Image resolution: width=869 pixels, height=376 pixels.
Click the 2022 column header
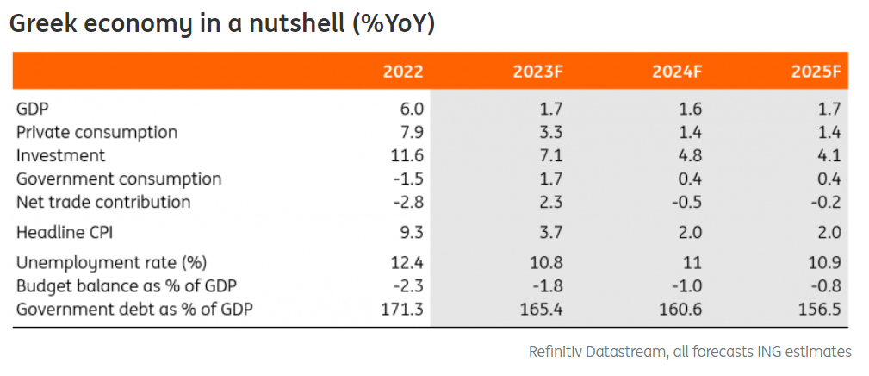click(x=403, y=72)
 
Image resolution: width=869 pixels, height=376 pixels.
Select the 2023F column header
click(x=537, y=72)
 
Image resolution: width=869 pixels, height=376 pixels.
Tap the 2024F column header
click(x=676, y=72)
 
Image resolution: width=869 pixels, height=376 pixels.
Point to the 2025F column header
click(x=816, y=72)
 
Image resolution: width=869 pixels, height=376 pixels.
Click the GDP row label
click(x=32, y=109)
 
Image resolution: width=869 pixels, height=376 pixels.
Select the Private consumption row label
click(x=97, y=133)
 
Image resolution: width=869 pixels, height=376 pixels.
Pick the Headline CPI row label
click(x=65, y=233)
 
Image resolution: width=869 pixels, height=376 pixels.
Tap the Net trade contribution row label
click(x=103, y=203)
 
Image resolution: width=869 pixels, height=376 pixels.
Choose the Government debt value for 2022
click(x=403, y=309)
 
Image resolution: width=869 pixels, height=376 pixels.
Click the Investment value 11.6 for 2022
click(x=408, y=156)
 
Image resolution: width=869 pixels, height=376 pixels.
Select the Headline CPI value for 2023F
click(x=551, y=233)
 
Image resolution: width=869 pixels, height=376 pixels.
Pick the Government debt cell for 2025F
click(x=821, y=309)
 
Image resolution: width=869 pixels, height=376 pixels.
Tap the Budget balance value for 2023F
click(x=548, y=285)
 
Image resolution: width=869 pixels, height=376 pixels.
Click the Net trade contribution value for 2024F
click(x=686, y=203)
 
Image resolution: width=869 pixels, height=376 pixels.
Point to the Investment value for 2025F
click(x=829, y=156)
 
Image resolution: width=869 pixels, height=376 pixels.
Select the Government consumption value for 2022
click(x=408, y=179)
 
